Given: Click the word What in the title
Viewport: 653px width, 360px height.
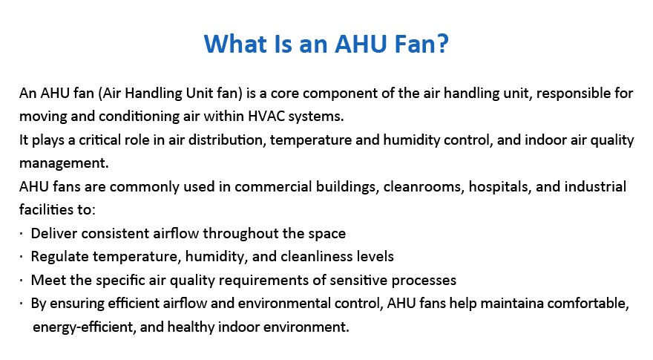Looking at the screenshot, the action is [x=235, y=44].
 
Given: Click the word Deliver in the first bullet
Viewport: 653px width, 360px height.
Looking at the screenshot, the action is [x=54, y=233].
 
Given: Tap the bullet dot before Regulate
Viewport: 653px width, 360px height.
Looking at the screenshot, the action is [x=21, y=256].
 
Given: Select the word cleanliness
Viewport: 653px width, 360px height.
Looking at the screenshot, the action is [x=311, y=256].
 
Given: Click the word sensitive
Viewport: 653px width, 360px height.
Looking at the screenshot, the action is [x=358, y=280].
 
